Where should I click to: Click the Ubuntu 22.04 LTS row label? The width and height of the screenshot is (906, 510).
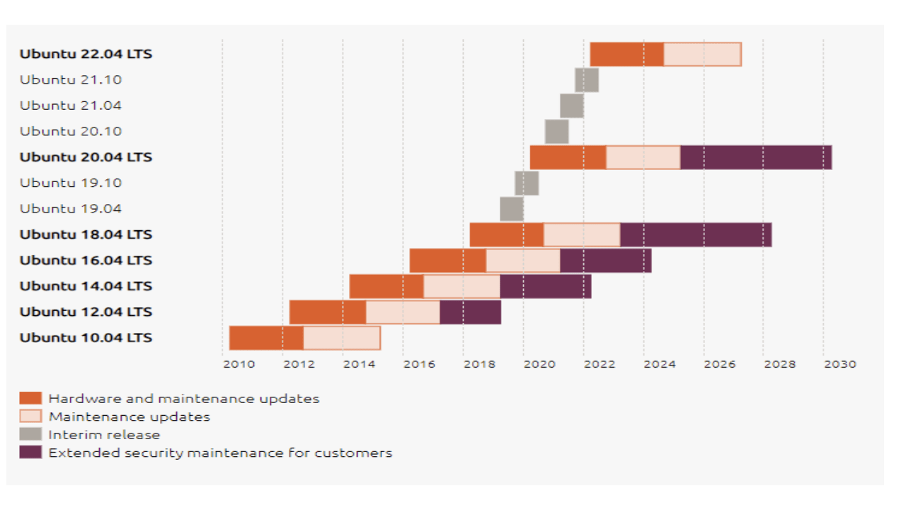point(86,54)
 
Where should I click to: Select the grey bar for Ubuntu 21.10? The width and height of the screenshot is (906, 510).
point(587,80)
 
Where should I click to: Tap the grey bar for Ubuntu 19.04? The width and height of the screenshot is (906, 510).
point(512,209)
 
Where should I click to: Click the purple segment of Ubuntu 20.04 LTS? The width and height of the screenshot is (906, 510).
point(756,157)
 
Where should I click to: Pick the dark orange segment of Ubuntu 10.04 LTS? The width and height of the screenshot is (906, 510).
point(266,338)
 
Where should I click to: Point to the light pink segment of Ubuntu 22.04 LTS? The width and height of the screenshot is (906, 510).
point(702,55)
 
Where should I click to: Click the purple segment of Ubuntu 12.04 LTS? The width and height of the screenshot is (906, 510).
point(470,312)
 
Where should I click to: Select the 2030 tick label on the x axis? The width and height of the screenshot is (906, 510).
point(840,364)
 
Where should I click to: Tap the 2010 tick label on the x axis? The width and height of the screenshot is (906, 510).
point(239,364)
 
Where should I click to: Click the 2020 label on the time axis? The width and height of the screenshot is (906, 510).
point(539,364)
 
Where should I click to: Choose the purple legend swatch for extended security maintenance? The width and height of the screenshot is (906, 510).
point(30,453)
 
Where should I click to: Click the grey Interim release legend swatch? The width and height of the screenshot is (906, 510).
point(30,434)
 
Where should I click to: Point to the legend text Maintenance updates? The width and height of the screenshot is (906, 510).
point(129,416)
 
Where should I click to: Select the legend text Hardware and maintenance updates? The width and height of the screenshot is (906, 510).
point(183,399)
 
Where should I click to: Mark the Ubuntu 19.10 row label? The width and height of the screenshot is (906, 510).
point(71,183)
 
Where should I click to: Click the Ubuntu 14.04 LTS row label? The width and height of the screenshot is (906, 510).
point(86,286)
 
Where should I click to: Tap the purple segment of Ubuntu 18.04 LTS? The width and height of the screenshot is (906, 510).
point(696,234)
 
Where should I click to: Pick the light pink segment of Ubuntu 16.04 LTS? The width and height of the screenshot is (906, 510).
point(523,261)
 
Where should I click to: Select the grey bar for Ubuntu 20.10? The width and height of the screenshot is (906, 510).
point(556,132)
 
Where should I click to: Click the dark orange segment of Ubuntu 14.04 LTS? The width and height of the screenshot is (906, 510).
point(386,286)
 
